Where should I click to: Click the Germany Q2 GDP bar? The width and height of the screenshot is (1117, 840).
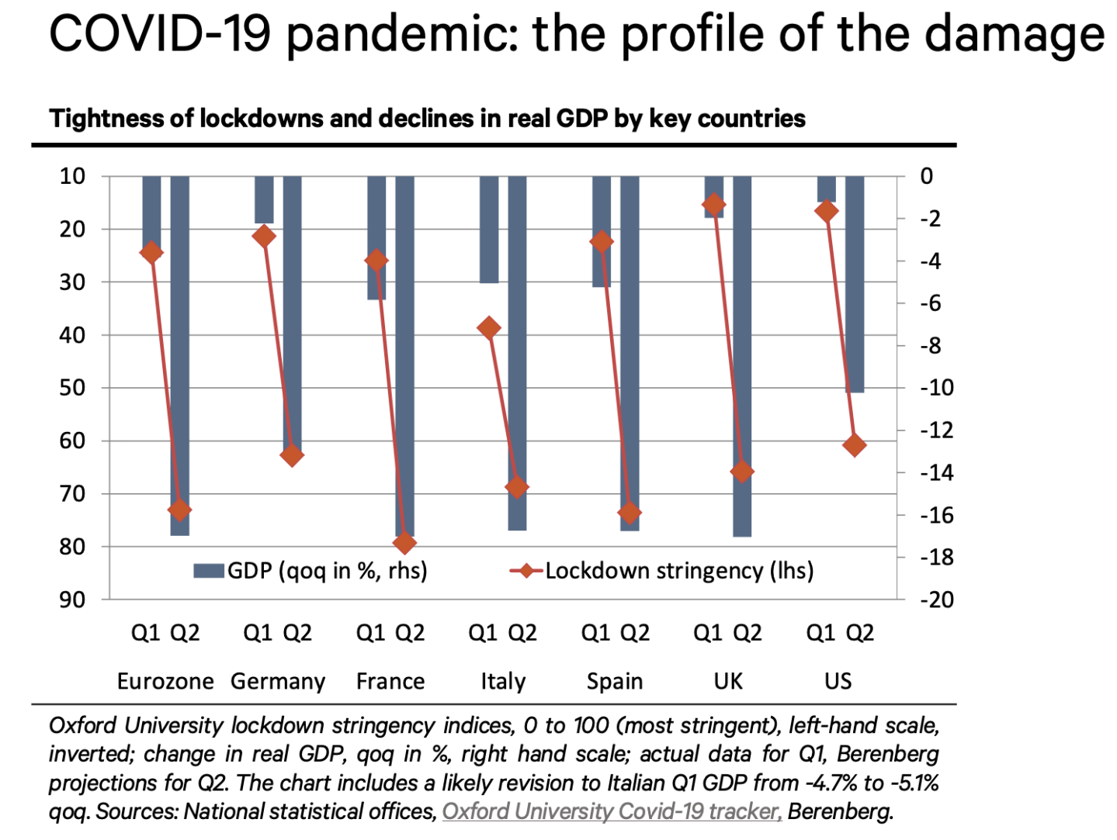[292, 310]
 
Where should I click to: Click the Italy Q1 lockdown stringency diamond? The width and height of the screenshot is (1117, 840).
[489, 328]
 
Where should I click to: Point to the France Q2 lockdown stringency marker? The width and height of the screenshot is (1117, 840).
[404, 543]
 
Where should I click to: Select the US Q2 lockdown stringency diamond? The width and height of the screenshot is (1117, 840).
[855, 445]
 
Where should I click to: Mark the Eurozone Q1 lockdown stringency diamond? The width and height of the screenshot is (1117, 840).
[151, 252]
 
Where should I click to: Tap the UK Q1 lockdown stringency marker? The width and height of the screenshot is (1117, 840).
[714, 205]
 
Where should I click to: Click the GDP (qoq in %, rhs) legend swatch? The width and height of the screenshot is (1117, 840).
[209, 572]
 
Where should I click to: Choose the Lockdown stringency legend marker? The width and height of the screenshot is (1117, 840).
[527, 572]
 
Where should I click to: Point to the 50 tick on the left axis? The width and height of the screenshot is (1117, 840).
[73, 388]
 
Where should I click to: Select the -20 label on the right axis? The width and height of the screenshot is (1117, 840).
[937, 600]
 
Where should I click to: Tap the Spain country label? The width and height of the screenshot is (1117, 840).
[615, 682]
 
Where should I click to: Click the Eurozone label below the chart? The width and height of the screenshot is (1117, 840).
[165, 682]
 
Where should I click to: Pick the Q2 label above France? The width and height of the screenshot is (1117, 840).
[410, 634]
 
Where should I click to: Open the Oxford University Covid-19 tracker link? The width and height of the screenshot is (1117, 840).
[612, 812]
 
